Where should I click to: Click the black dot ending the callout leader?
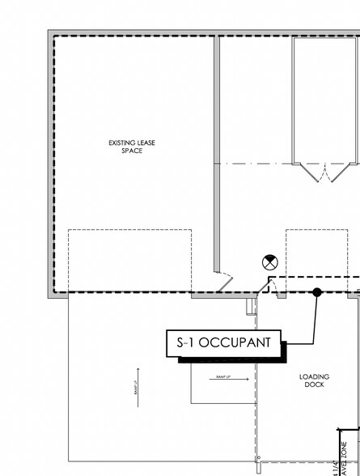click(317, 292)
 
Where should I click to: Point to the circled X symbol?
click(268, 261)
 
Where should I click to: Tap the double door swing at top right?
click(323, 172)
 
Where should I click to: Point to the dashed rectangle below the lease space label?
click(129, 260)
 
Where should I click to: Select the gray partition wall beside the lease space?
click(217, 154)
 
